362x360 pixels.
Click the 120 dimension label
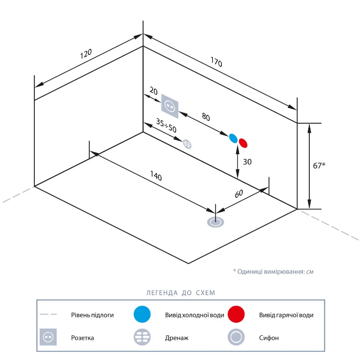(x=86, y=54)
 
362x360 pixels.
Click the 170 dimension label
(x=216, y=62)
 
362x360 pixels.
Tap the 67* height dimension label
(x=319, y=165)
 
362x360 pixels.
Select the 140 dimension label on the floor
(x=156, y=176)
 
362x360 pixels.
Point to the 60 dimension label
(x=238, y=194)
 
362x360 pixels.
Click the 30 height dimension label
(x=247, y=162)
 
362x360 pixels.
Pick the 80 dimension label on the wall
(x=206, y=117)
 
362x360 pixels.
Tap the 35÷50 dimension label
(x=166, y=126)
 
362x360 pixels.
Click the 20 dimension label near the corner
(x=154, y=91)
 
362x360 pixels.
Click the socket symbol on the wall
(x=170, y=106)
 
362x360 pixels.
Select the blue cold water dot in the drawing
(x=233, y=138)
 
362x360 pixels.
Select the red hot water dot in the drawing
(x=243, y=143)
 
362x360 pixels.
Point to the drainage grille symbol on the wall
(x=187, y=144)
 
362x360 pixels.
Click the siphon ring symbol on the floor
(x=215, y=222)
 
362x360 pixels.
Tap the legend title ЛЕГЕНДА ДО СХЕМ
(x=181, y=293)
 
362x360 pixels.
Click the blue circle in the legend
(x=142, y=314)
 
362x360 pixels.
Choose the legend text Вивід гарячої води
(x=286, y=315)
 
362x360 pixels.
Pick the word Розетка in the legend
(x=82, y=338)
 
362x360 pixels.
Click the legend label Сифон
(x=269, y=338)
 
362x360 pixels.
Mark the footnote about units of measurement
(x=273, y=271)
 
